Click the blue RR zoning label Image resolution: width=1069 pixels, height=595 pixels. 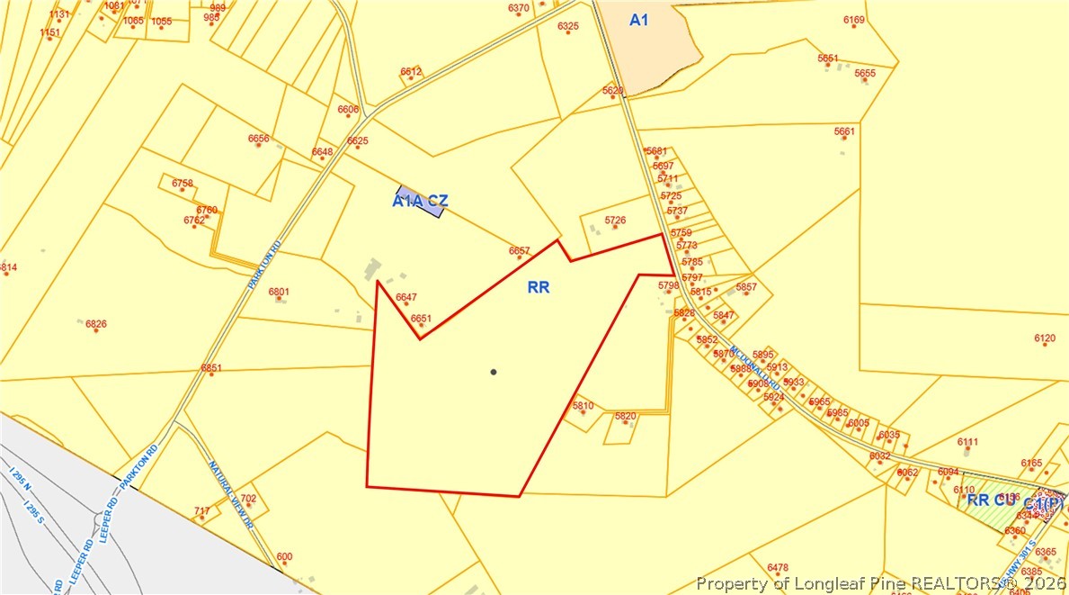pos(539,288)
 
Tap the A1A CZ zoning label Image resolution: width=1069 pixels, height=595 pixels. pos(420,202)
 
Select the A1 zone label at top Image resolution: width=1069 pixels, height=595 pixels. pos(638,20)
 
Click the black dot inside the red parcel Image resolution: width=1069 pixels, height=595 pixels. pos(493,372)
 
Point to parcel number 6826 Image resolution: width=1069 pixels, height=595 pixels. pos(96,324)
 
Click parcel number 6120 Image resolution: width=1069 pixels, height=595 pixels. pos(1045,338)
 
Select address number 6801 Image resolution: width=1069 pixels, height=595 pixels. pos(279,292)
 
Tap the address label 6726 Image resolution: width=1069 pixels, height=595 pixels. pos(615,220)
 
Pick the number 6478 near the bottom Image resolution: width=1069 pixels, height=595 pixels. pos(778,567)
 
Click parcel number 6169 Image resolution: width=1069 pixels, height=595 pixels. pos(854,20)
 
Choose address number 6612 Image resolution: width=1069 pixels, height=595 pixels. pos(411,71)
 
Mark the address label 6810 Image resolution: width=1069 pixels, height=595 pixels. pos(583,406)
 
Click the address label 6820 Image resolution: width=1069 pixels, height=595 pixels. pos(625,416)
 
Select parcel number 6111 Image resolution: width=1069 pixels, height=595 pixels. pos(967,442)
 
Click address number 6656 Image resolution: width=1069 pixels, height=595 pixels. pos(258,139)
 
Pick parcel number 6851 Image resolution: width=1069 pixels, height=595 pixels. pos(211,368)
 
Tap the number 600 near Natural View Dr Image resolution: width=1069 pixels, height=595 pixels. pos(284,557)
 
